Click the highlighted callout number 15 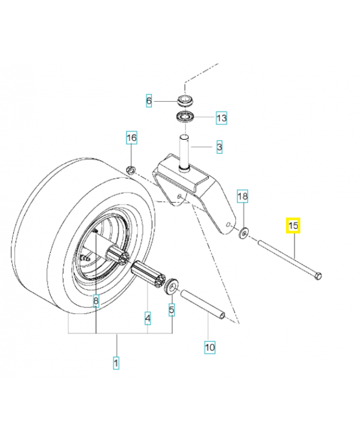pyautogui.click(x=293, y=226)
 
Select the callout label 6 pyautogui.click(x=149, y=101)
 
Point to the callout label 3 pyautogui.click(x=219, y=147)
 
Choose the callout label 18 pyautogui.click(x=243, y=196)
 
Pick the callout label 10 pyautogui.click(x=209, y=348)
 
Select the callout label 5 pyautogui.click(x=172, y=311)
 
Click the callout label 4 pyautogui.click(x=147, y=319)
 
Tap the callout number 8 pyautogui.click(x=96, y=302)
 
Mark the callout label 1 pyautogui.click(x=116, y=363)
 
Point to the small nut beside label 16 pyautogui.click(x=131, y=169)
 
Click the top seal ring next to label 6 pyautogui.click(x=186, y=101)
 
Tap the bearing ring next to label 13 pyautogui.click(x=186, y=117)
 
